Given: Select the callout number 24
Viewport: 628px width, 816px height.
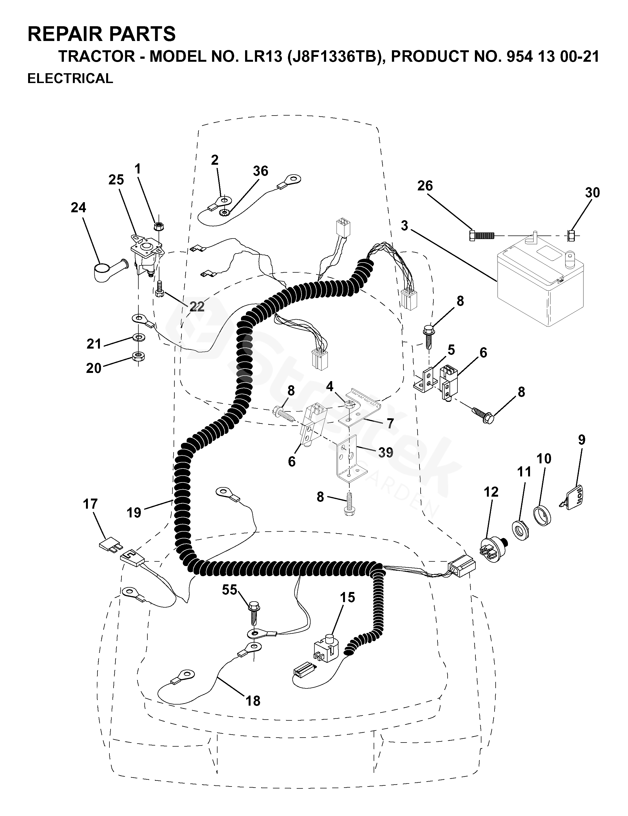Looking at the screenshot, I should pos(78,208).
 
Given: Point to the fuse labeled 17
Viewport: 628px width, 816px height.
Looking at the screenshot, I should pos(109,546).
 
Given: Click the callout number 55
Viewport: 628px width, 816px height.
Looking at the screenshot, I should pos(229,590).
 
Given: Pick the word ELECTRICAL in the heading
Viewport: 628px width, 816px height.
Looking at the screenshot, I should pos(70,78).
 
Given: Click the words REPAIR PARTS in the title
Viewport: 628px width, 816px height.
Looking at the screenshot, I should pos(102,34).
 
